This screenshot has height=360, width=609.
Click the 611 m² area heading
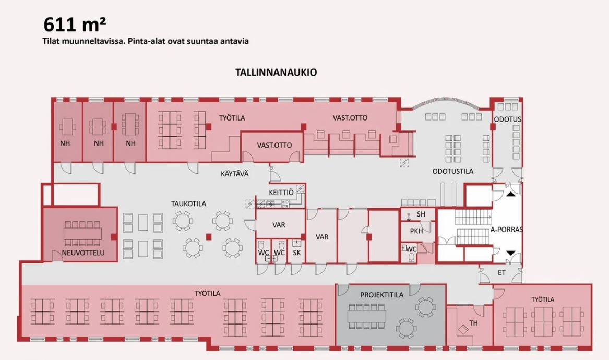pos(74,25)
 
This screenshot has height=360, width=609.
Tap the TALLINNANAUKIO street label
pos(276,72)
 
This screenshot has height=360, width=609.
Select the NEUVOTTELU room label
pos(83,253)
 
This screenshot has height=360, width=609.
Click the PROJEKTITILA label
pos(382,295)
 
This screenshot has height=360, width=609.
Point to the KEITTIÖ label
pos(281,192)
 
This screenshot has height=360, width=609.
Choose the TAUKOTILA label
pos(189,203)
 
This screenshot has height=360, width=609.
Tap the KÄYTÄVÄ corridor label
pos(235,174)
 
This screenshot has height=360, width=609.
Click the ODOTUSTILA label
pos(453,171)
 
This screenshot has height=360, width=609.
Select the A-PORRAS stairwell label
pos(507,230)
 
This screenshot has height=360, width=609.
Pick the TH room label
pos(473,323)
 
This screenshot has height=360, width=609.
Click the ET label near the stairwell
pos(502,273)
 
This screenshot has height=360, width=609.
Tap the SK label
pos(297,253)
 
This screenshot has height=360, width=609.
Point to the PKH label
pos(416,231)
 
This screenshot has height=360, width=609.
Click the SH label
pos(421,214)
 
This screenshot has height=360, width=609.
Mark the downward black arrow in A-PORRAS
pos(511,253)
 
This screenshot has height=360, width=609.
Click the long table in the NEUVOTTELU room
pos(82,233)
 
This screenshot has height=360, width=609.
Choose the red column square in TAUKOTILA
pos(209,236)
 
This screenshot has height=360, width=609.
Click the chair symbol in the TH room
pos(463,330)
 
